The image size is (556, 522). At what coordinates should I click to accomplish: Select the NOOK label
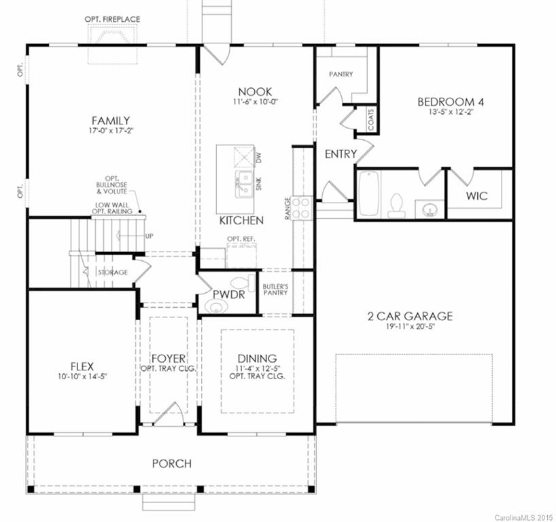click(x=255, y=92)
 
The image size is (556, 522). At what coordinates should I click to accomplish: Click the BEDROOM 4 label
click(x=445, y=102)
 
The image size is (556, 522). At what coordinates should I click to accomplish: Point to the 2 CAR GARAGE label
click(x=409, y=316)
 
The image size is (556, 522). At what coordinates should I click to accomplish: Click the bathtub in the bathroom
click(x=368, y=194)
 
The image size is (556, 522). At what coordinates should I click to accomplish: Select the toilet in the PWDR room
click(x=240, y=283)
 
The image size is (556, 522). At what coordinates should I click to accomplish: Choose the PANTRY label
click(x=341, y=74)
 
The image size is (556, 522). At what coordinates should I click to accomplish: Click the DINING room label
click(x=256, y=358)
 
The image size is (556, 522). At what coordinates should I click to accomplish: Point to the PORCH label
click(x=171, y=464)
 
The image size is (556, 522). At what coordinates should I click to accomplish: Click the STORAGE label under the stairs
click(x=113, y=272)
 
